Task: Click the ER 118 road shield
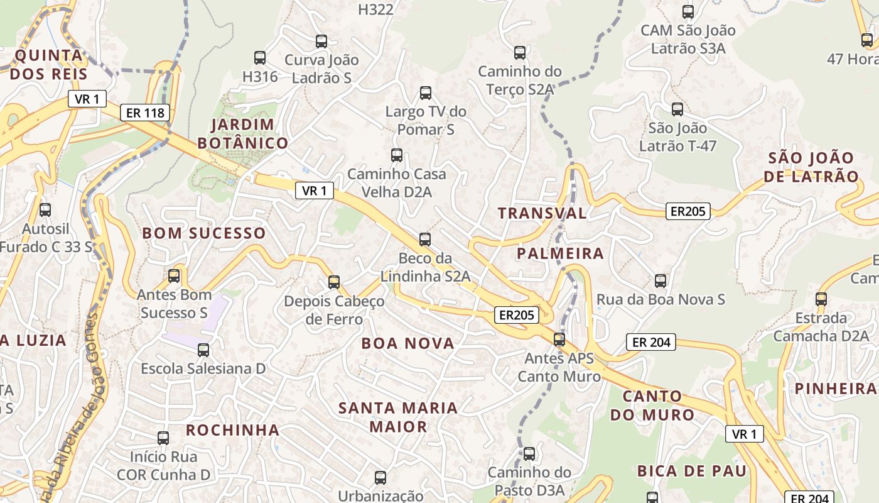pyautogui.click(x=145, y=113)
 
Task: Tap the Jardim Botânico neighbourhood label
pyautogui.click(x=243, y=134)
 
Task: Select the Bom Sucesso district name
pyautogui.click(x=204, y=233)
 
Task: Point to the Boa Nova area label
pyautogui.click(x=407, y=343)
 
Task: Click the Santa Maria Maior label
pyautogui.click(x=398, y=417)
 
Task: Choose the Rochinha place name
pyautogui.click(x=232, y=430)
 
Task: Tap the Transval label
pyautogui.click(x=542, y=213)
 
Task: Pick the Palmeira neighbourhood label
pyautogui.click(x=560, y=253)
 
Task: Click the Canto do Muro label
pyautogui.click(x=652, y=406)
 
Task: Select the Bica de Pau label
pyautogui.click(x=692, y=471)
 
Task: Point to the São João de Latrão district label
pyautogui.click(x=811, y=167)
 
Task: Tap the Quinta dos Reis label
pyautogui.click(x=48, y=65)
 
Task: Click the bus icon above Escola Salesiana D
pyautogui.click(x=203, y=350)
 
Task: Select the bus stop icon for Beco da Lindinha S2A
pyautogui.click(x=425, y=240)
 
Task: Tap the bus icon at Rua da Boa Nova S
pyautogui.click(x=661, y=280)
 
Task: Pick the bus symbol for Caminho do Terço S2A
pyautogui.click(x=520, y=53)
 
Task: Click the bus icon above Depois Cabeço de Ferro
pyautogui.click(x=334, y=282)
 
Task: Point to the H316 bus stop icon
pyautogui.click(x=260, y=58)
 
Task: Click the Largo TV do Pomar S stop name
pyautogui.click(x=426, y=120)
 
